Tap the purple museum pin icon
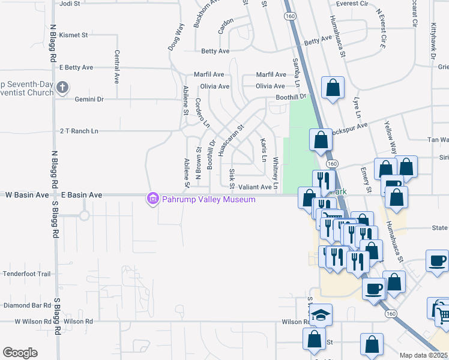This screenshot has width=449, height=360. pyautogui.click(x=153, y=199)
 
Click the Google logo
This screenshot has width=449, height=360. pyautogui.click(x=20, y=353)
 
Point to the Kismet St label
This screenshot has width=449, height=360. pyautogui.click(x=74, y=35)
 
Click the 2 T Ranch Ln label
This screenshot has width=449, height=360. pyautogui.click(x=78, y=131)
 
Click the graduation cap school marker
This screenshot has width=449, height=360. pyautogui.click(x=321, y=314)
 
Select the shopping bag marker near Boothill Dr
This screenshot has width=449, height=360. pyautogui.click(x=333, y=88)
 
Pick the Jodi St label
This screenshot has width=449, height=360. pyautogui.click(x=70, y=4)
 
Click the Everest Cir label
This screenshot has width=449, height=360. pyautogui.click(x=351, y=4)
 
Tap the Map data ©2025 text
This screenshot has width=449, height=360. pyautogui.click(x=423, y=355)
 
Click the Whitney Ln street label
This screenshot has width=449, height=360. pyautogui.click(x=276, y=174)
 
